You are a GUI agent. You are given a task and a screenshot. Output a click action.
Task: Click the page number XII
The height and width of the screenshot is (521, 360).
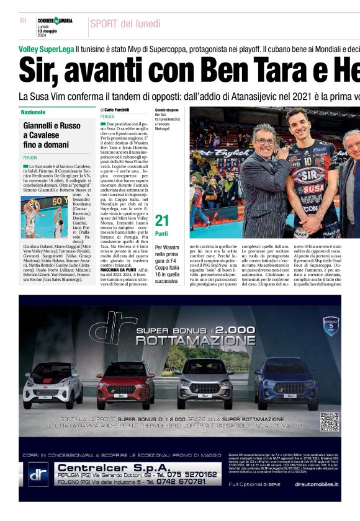[24, 20]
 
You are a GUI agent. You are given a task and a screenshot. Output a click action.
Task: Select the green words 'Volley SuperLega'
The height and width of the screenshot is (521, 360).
[46, 48]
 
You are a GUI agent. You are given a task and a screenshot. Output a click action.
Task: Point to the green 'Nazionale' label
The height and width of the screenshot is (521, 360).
[33, 112]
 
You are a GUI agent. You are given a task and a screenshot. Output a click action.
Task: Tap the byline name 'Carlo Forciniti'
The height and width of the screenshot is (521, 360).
[118, 109]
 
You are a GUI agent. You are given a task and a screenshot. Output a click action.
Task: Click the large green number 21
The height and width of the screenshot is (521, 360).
[161, 221]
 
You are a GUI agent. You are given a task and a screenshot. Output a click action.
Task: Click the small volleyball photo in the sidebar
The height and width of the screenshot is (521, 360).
[44, 216]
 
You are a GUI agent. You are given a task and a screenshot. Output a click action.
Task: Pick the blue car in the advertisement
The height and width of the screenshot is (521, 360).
[286, 382]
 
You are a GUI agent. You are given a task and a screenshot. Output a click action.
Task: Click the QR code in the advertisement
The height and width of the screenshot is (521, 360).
[330, 422]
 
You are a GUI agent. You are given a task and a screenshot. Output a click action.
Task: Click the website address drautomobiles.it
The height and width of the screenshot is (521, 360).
[317, 483]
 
